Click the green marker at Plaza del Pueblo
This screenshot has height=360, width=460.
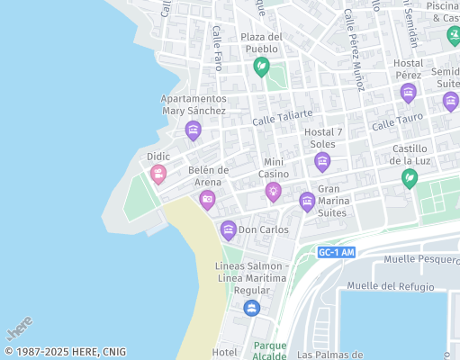click(261, 65)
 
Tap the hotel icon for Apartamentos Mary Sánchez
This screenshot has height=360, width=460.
click(193, 130)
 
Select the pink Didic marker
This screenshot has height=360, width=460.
click(158, 174)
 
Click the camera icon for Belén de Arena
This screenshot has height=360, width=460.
click(207, 200)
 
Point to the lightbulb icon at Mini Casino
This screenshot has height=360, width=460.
click(273, 191)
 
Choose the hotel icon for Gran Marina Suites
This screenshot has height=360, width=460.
click(307, 202)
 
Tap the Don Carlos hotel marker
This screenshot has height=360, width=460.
click(229, 230)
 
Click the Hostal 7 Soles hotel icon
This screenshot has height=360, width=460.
click(322, 162)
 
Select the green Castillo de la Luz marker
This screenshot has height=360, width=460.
click(410, 178)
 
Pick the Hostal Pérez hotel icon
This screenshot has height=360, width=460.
click(408, 93)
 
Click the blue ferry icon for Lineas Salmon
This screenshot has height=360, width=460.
click(252, 309)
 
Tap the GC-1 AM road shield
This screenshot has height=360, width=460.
click(337, 253)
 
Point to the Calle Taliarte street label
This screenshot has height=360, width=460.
click(283, 116)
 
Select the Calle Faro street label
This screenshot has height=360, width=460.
click(217, 48)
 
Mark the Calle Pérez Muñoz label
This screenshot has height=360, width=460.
click(354, 49)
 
